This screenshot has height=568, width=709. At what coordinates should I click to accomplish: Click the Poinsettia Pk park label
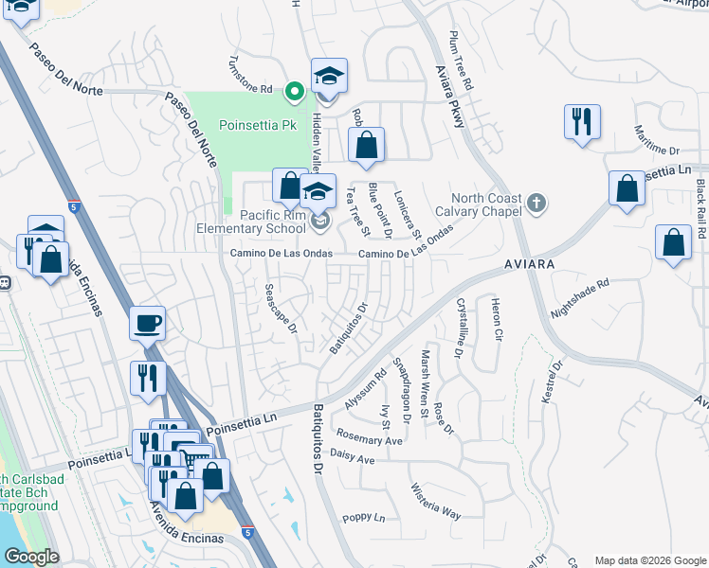(x=258, y=125)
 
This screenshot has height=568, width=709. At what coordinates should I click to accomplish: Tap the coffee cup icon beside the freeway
(x=147, y=323)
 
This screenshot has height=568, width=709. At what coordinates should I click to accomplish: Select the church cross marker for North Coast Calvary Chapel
(x=536, y=202)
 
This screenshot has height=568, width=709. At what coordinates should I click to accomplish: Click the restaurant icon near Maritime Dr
(x=580, y=122)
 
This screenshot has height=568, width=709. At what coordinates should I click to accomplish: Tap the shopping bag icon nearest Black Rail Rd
(x=672, y=243)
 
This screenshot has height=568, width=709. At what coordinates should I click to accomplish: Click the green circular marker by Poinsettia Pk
(x=295, y=92)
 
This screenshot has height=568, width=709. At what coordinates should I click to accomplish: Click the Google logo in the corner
(x=30, y=557)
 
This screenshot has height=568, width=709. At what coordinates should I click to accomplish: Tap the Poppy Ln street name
(x=364, y=518)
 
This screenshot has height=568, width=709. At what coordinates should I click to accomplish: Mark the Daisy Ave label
(x=352, y=460)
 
